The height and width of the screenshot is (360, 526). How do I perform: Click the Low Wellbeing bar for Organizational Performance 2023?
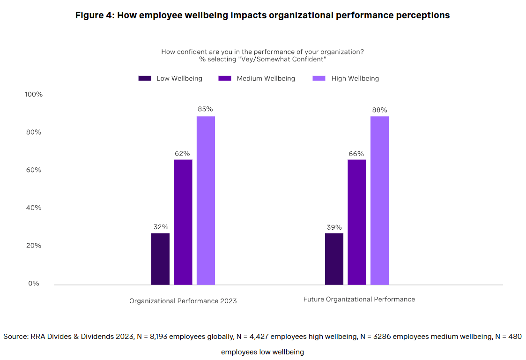click(x=160, y=259)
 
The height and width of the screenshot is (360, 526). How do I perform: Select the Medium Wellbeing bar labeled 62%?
click(x=183, y=222)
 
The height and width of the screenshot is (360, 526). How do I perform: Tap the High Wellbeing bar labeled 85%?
click(x=206, y=201)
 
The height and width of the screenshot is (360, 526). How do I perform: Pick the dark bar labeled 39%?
click(x=334, y=259)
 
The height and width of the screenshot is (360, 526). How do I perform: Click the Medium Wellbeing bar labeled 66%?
click(x=356, y=222)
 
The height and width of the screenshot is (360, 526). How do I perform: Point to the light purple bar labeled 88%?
click(x=379, y=201)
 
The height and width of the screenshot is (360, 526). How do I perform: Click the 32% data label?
click(x=160, y=227)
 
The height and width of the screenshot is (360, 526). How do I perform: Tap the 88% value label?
click(x=379, y=110)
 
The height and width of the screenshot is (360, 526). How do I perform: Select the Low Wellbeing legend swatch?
click(x=145, y=78)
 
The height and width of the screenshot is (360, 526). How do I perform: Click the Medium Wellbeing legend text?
click(x=266, y=78)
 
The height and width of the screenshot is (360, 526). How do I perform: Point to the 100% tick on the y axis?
click(x=33, y=94)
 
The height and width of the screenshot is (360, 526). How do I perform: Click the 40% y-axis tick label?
click(x=33, y=208)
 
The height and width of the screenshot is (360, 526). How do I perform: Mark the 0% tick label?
click(x=33, y=284)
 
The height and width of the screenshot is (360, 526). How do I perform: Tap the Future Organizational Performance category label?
click(x=359, y=299)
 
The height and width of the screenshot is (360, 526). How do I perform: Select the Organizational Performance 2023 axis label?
click(x=183, y=301)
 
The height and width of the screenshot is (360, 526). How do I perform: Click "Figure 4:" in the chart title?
click(x=95, y=15)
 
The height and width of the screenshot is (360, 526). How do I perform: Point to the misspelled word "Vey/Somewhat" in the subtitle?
click(x=260, y=60)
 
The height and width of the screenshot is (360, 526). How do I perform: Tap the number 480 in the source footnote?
click(x=515, y=337)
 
